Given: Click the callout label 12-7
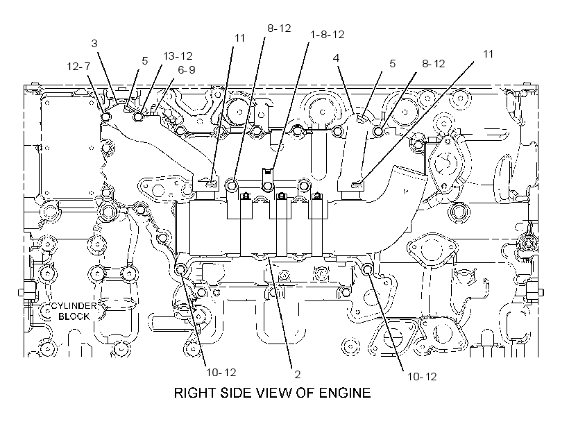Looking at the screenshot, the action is tap(78, 67).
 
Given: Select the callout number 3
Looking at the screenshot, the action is tap(94, 44).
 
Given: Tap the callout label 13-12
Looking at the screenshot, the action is tap(178, 56).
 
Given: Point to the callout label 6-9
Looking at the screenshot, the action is tap(187, 69).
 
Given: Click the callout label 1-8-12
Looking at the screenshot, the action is tap(328, 35).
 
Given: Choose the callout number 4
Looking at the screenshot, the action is tap(337, 58).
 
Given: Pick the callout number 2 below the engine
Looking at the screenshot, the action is tap(298, 374).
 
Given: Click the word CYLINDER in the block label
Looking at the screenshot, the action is tap(74, 306).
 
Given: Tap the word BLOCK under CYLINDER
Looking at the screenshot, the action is tap(74, 316).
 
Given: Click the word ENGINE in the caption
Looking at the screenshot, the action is tap(345, 393).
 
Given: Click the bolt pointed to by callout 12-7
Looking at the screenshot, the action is tap(105, 117).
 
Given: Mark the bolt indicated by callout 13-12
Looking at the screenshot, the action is tap(138, 117).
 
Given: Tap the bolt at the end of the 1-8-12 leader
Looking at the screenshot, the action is tap(268, 186).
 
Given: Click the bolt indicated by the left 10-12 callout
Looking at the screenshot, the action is tap(180, 269).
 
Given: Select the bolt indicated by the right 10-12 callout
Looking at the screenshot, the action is tap(367, 269).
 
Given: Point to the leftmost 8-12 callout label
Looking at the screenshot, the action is tap(279, 28).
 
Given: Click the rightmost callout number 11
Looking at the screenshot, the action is tap(489, 53).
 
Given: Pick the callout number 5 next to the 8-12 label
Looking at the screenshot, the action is tap(392, 64).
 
